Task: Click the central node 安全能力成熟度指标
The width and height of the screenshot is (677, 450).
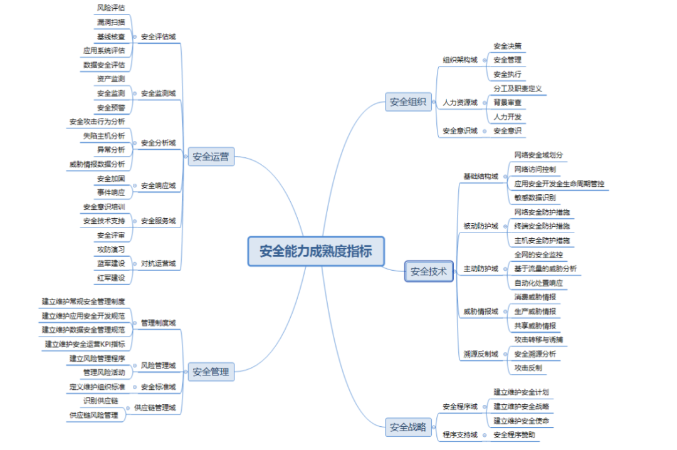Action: point(315,251)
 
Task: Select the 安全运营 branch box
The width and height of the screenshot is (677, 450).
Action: point(211,157)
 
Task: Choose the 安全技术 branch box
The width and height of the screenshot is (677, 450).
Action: point(429,271)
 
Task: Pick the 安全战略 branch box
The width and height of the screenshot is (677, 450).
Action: point(408,427)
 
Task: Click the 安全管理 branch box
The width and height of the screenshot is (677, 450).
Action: point(211,372)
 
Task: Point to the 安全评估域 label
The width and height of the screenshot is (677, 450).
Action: point(158,36)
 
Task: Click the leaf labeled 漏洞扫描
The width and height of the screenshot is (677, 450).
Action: point(110,22)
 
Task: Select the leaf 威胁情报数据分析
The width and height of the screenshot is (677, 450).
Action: point(97,164)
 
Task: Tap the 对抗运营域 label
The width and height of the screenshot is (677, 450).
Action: point(158,263)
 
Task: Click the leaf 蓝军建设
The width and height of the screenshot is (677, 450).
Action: point(110,263)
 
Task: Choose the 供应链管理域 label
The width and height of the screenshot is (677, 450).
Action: point(155,407)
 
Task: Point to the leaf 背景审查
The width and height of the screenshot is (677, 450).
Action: point(507,102)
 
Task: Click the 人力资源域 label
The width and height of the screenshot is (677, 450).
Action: point(459,102)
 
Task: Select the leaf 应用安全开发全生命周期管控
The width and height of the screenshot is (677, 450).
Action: point(559,184)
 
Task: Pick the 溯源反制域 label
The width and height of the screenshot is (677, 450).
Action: point(480,354)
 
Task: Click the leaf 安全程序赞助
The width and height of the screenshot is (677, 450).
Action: point(514,434)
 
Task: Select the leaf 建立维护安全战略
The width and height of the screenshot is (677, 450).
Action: point(521,406)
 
